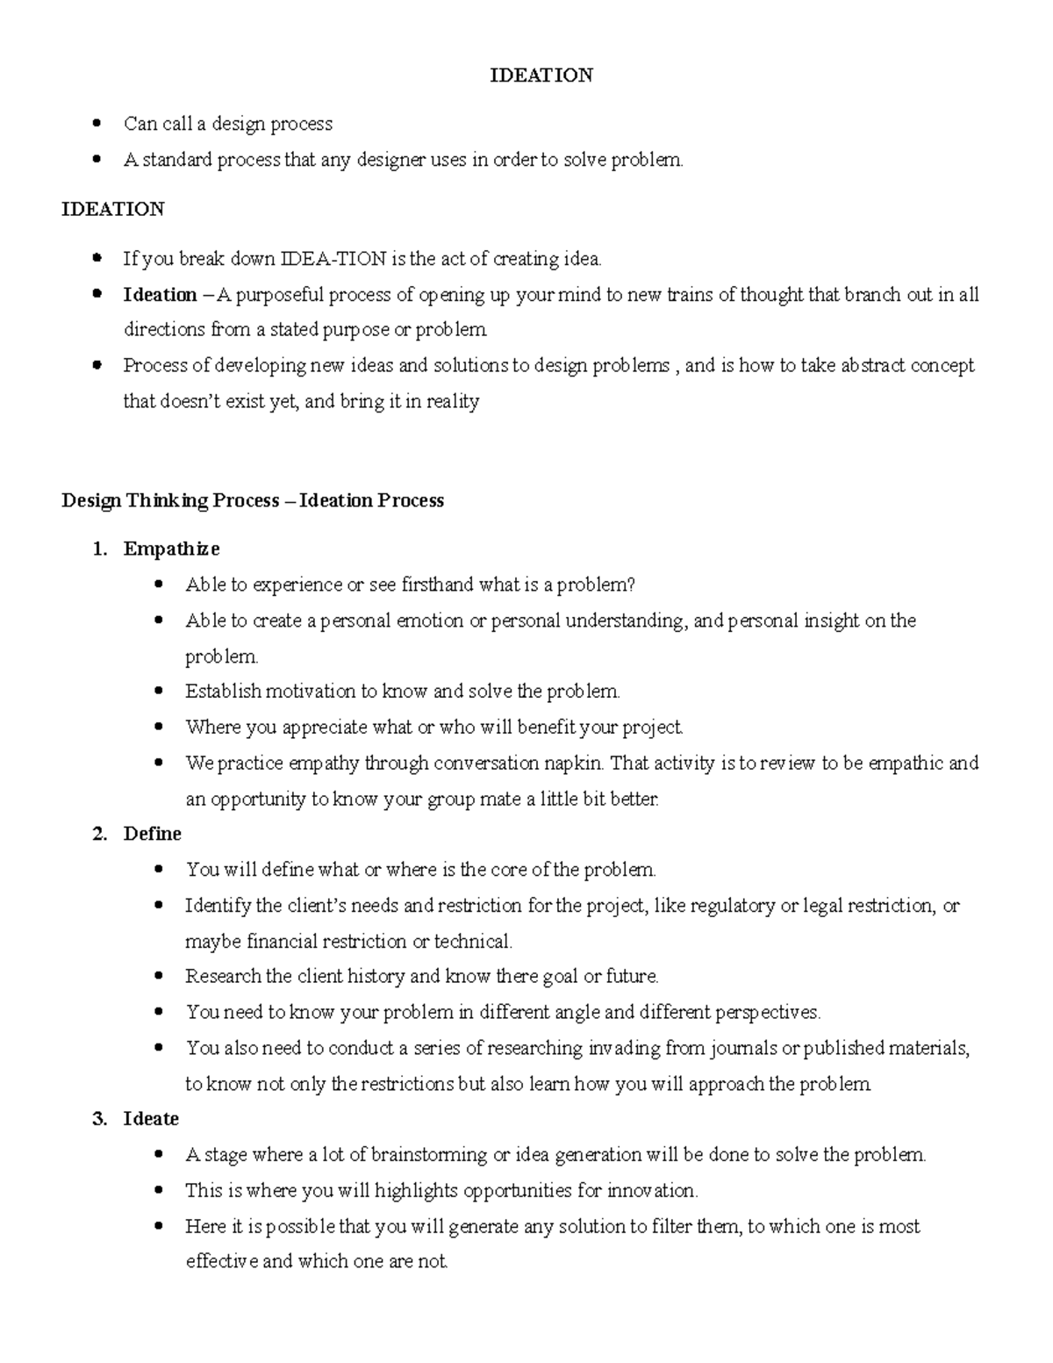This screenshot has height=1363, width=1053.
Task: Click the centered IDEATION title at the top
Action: [541, 75]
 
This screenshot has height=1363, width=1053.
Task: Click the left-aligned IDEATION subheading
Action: [112, 209]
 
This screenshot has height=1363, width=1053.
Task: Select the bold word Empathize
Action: [171, 549]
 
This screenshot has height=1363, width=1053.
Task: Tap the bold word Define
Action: [152, 834]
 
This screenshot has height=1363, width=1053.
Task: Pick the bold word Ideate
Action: [151, 1119]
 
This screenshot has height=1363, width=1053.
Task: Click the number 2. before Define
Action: [99, 834]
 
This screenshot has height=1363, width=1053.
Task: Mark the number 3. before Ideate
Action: [99, 1119]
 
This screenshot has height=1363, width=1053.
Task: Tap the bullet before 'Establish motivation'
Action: [159, 692]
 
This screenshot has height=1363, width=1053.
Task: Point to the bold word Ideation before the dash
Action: [160, 295]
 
